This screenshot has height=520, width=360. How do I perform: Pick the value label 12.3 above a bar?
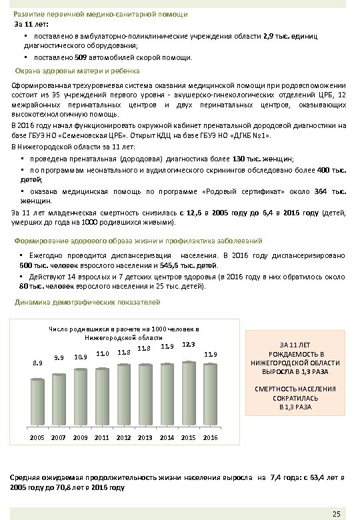(x=188, y=344)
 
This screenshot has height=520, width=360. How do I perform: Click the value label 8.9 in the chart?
(x=38, y=363)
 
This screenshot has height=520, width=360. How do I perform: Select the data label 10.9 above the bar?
(x=81, y=357)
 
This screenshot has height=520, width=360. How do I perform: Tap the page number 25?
(x=336, y=513)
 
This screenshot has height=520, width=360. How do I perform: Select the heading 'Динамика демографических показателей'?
(x=87, y=302)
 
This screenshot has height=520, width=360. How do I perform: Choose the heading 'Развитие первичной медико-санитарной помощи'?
(x=101, y=14)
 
